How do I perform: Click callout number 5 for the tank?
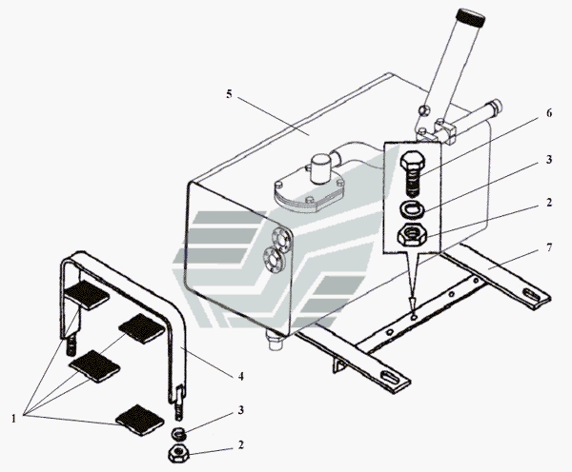[x=229, y=94]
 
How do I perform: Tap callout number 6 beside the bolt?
[x=549, y=113]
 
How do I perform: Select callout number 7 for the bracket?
[x=549, y=247]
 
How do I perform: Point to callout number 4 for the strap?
[x=240, y=376]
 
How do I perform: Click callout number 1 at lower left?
[x=14, y=419]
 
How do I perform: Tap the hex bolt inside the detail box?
[x=412, y=174]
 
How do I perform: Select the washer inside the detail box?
[x=413, y=209]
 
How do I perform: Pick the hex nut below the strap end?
[x=178, y=453]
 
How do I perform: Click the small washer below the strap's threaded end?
[x=179, y=433]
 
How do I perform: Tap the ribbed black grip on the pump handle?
[x=471, y=18]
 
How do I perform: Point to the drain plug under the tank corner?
[x=276, y=340]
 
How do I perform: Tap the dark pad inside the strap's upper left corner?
[x=87, y=294]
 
